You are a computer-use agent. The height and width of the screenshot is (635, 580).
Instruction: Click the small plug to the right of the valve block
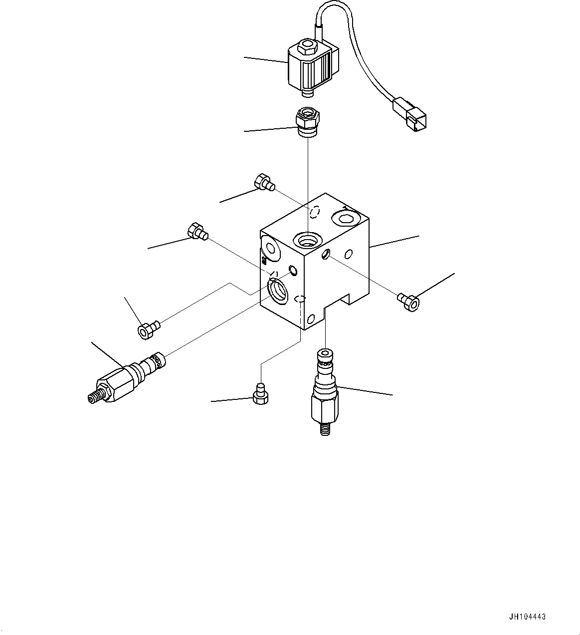tap(409, 302)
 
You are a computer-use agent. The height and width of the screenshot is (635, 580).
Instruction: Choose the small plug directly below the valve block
tap(259, 393)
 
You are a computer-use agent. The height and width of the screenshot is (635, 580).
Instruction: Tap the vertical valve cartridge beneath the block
tap(324, 392)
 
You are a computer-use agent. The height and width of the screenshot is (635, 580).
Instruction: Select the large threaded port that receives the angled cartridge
tap(276, 291)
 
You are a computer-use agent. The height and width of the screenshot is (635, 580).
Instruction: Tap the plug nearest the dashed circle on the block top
tap(264, 183)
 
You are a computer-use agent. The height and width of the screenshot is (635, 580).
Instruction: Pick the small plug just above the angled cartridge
tap(148, 330)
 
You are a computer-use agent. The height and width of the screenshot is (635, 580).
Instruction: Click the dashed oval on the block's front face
tap(300, 299)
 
